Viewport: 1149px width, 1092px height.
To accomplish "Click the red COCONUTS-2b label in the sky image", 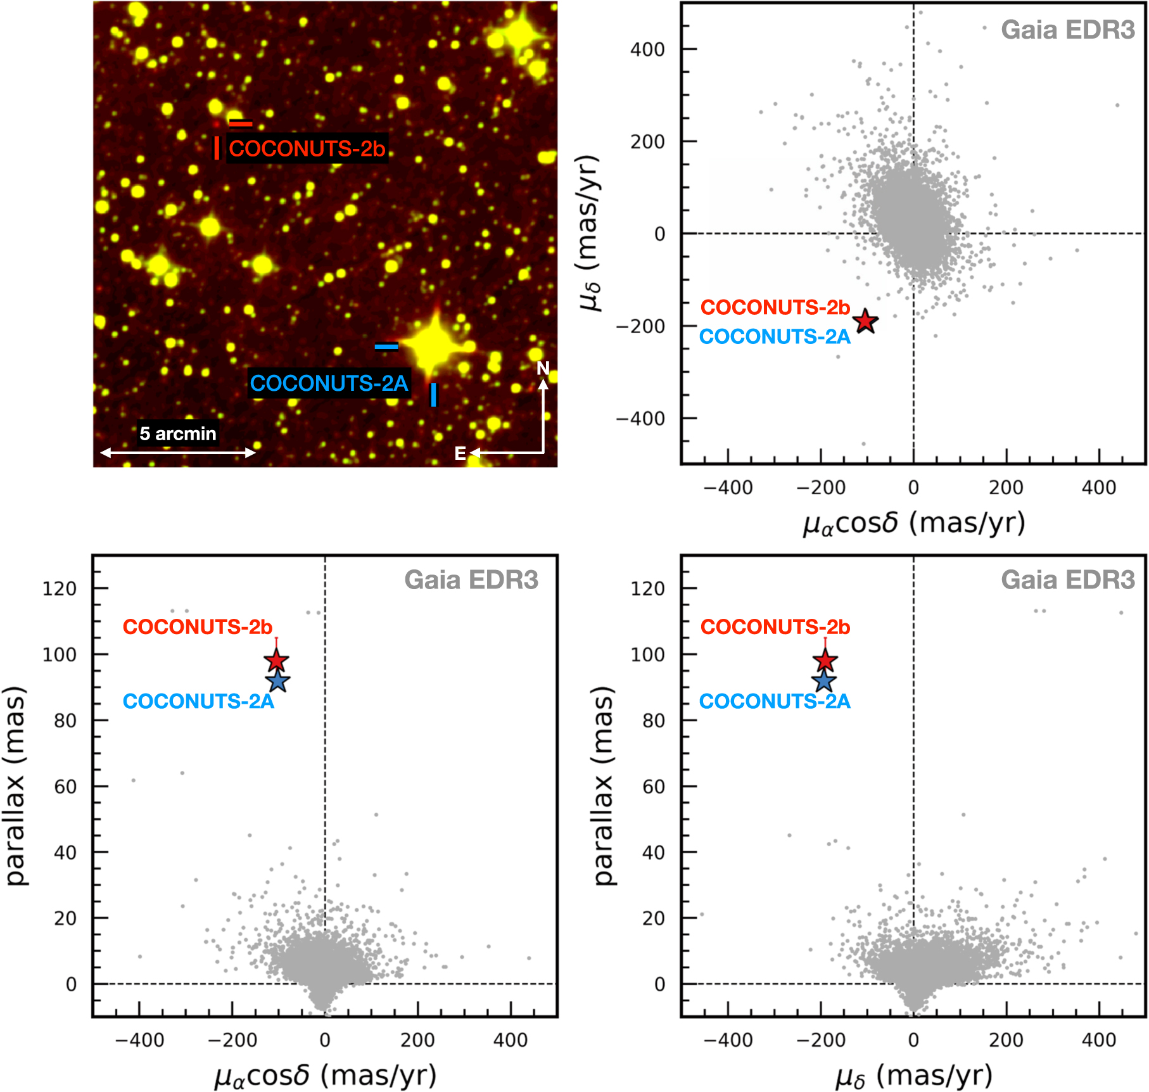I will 307,149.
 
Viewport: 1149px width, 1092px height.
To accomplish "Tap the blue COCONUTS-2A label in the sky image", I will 329,383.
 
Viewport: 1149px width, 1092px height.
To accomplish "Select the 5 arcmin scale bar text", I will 178,434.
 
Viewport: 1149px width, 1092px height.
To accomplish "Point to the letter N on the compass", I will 543,368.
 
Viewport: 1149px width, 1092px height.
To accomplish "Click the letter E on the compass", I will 460,454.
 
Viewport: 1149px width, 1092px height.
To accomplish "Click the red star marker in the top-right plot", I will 865,322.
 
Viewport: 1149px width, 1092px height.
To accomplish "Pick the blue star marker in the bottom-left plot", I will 278,682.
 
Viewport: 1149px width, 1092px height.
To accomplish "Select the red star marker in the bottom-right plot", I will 825,661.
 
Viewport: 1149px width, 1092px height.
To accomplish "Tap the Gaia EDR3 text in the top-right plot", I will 1068,30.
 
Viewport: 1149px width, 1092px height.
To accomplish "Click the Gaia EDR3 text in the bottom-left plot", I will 471,580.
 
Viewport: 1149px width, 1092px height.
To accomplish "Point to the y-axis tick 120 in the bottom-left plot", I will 60,588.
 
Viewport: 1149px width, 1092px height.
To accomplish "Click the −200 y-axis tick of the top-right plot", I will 641,326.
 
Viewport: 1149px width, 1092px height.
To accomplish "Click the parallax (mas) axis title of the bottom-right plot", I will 604,785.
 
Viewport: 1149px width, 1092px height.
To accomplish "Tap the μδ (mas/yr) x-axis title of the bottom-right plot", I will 913,1076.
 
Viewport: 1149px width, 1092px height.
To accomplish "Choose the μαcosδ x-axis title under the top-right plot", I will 913,524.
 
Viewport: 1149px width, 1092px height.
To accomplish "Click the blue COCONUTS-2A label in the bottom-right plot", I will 775,701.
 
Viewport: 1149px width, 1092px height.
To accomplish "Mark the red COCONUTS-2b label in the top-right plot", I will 775,307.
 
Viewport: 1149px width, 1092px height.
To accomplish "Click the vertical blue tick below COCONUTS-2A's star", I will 434,395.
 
